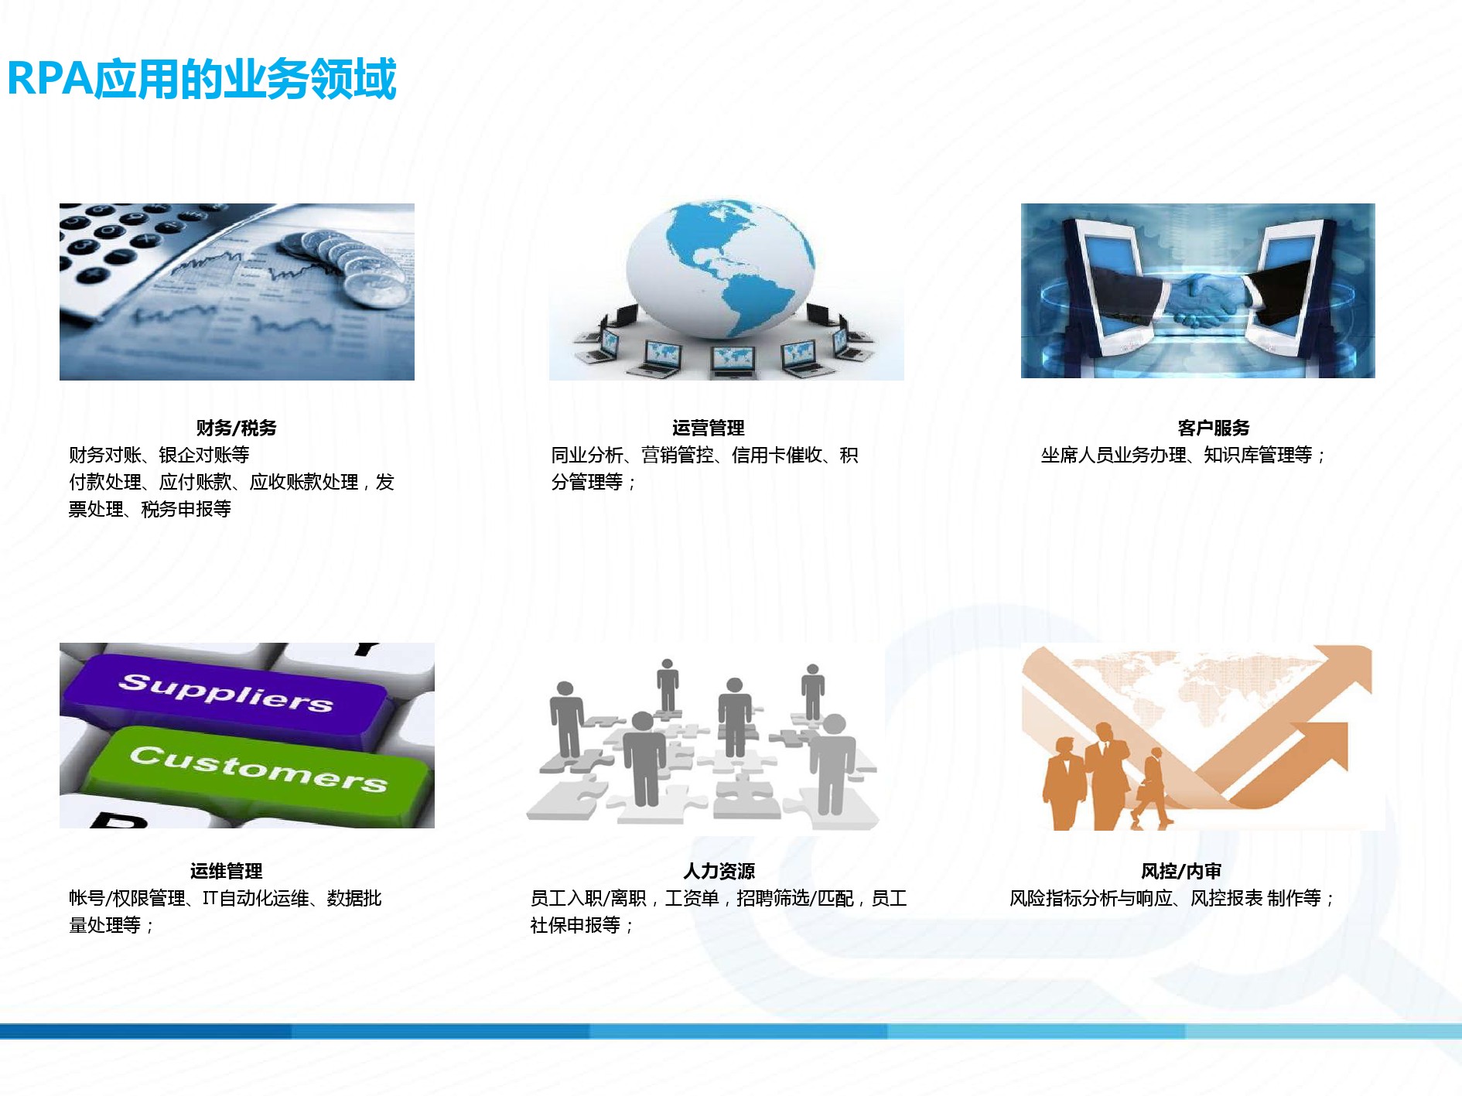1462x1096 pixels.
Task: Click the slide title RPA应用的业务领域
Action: point(202,79)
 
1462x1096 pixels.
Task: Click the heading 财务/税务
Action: point(236,428)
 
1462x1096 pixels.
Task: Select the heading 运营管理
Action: point(708,428)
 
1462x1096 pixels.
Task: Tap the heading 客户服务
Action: point(1213,428)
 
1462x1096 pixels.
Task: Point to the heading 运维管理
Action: point(226,871)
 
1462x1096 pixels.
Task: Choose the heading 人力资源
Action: point(719,871)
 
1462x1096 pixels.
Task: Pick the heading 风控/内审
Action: point(1180,871)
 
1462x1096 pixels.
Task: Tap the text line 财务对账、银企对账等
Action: point(159,455)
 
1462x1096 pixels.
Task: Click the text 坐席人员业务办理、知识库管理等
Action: point(1184,455)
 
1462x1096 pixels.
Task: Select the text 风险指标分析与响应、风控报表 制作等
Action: point(1172,898)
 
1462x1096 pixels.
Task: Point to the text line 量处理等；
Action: point(111,925)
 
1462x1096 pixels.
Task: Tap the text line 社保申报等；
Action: point(582,925)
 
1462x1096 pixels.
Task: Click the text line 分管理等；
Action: point(594,482)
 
